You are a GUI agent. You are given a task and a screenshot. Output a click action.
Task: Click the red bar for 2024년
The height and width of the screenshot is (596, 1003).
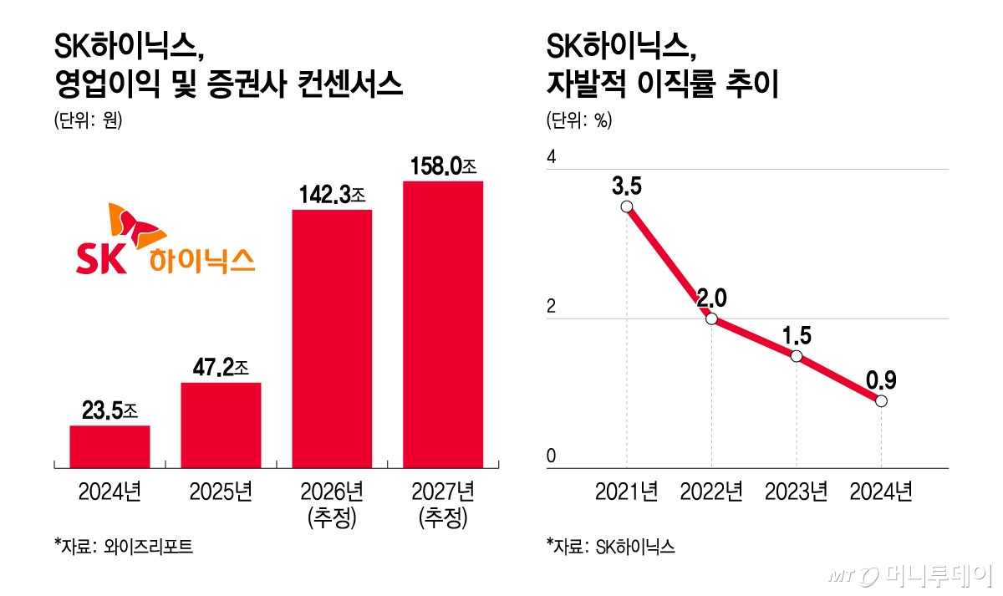coord(109,446)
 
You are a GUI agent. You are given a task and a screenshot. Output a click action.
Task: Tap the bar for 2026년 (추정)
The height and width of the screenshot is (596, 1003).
coord(331,339)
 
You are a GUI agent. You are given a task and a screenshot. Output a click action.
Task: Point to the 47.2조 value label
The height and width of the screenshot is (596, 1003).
coord(221,368)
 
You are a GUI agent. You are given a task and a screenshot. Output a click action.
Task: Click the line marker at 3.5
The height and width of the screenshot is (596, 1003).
coord(627,207)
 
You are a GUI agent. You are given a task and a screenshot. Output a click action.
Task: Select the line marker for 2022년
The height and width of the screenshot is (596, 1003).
coord(711,318)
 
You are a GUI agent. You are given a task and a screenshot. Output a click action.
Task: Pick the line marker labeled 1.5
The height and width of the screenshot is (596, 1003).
coord(797,356)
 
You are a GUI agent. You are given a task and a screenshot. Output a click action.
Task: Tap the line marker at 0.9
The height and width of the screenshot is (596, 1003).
coord(881,401)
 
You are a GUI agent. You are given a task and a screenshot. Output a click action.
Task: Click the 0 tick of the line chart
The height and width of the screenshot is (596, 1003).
coord(551,456)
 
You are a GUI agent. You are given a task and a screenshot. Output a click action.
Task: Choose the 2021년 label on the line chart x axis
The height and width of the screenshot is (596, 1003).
coord(626,492)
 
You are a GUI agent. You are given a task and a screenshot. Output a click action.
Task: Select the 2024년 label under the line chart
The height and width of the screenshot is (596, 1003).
coord(880,492)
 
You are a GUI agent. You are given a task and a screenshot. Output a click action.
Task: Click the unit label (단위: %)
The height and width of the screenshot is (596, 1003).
coord(579,120)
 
